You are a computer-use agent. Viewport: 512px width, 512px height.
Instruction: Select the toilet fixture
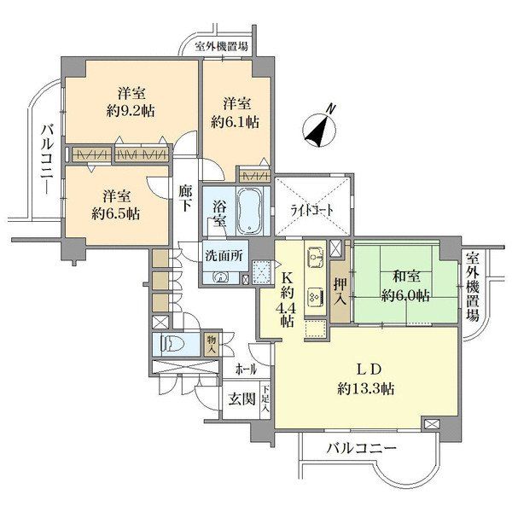pyautogui.click(x=172, y=345)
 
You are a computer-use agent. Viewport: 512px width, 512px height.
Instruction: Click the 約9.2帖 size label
pyautogui.click(x=131, y=111)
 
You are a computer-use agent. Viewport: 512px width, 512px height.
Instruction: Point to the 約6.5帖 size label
pyautogui.click(x=116, y=214)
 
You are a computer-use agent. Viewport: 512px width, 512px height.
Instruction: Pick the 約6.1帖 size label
pyautogui.click(x=236, y=122)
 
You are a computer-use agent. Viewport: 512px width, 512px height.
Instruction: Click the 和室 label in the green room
pyautogui.click(x=406, y=276)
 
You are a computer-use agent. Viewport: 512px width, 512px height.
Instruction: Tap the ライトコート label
pyautogui.click(x=312, y=211)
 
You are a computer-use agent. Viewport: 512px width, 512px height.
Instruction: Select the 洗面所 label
pyautogui.click(x=224, y=256)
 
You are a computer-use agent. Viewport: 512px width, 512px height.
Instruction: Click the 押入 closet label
pyautogui.click(x=340, y=292)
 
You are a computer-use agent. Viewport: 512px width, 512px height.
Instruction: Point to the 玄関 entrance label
pyautogui.click(x=241, y=399)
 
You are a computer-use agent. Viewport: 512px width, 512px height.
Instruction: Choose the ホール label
pyautogui.click(x=247, y=369)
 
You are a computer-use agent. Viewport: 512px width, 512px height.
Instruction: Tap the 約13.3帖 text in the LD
pyautogui.click(x=366, y=389)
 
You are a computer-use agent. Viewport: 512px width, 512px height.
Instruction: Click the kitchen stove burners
pyautogui.click(x=316, y=297)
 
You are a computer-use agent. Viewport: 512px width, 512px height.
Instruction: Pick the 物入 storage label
pyautogui.click(x=212, y=345)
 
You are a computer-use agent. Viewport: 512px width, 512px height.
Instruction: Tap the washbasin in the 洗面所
pyautogui.click(x=220, y=277)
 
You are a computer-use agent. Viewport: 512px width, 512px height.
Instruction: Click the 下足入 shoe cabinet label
pyautogui.click(x=265, y=399)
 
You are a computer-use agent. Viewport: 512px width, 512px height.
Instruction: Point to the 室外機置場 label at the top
pyautogui.click(x=221, y=46)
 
